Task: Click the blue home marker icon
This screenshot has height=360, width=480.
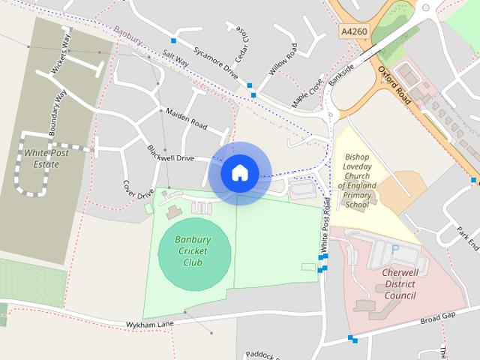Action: coord(239,172)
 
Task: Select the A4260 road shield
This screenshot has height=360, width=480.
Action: coord(353,32)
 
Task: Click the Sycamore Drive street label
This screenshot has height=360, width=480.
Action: coord(214,63)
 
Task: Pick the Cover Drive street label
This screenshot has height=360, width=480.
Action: coord(138,188)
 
